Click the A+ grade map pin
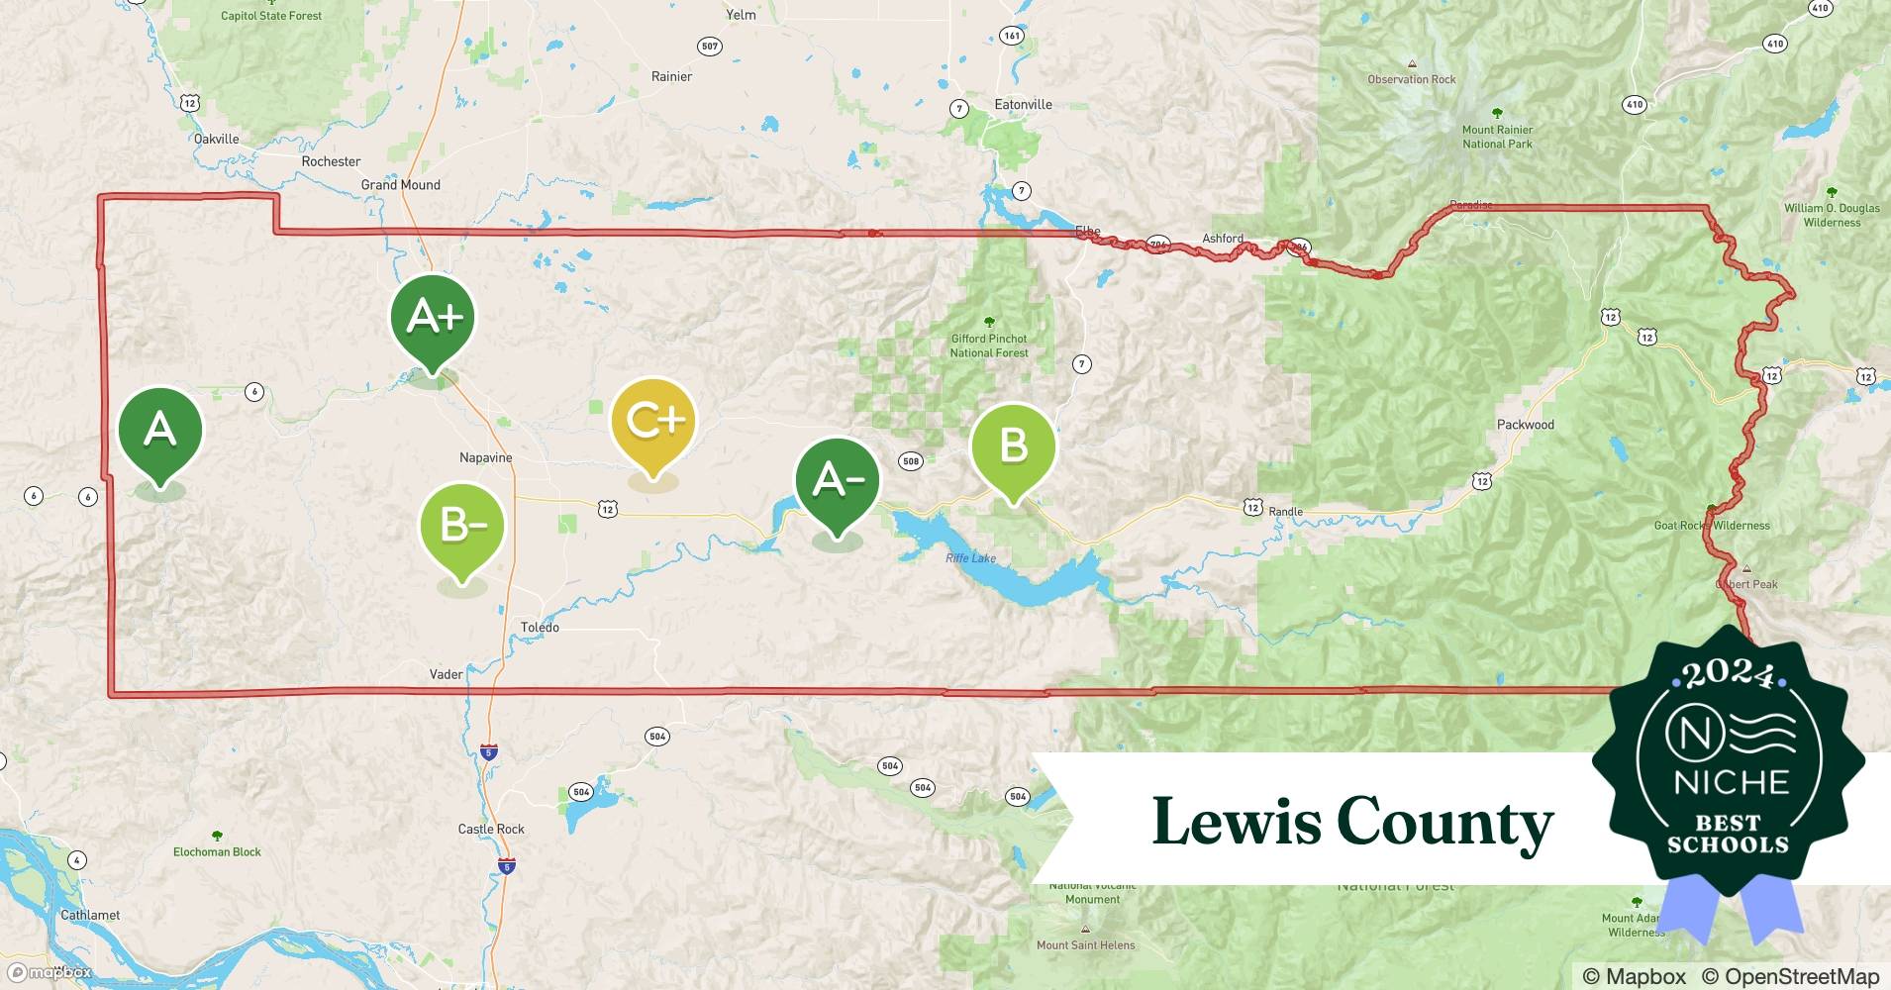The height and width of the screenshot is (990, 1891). click(x=433, y=317)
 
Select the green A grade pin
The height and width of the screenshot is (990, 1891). click(x=160, y=430)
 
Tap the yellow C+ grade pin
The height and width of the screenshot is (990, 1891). click(x=653, y=421)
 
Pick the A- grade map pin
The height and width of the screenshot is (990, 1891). click(x=838, y=481)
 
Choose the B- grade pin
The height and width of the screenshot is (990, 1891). click(x=462, y=525)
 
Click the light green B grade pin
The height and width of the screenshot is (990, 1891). click(x=1013, y=445)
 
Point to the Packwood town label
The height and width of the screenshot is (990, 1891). click(x=1525, y=425)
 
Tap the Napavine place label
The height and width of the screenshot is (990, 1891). click(x=486, y=457)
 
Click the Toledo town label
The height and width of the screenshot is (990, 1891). click(x=540, y=628)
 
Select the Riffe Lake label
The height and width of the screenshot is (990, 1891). click(x=970, y=558)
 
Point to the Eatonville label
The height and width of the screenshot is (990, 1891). click(x=1023, y=105)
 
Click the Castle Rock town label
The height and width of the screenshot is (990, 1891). click(x=491, y=830)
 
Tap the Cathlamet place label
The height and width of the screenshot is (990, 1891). click(x=90, y=915)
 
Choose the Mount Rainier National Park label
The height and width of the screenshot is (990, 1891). click(x=1497, y=137)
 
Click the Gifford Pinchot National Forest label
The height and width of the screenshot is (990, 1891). click(x=989, y=346)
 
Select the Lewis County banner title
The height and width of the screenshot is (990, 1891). click(x=1352, y=822)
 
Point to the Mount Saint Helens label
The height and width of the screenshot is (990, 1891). click(x=1085, y=944)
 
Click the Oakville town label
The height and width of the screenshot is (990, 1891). click(x=216, y=140)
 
